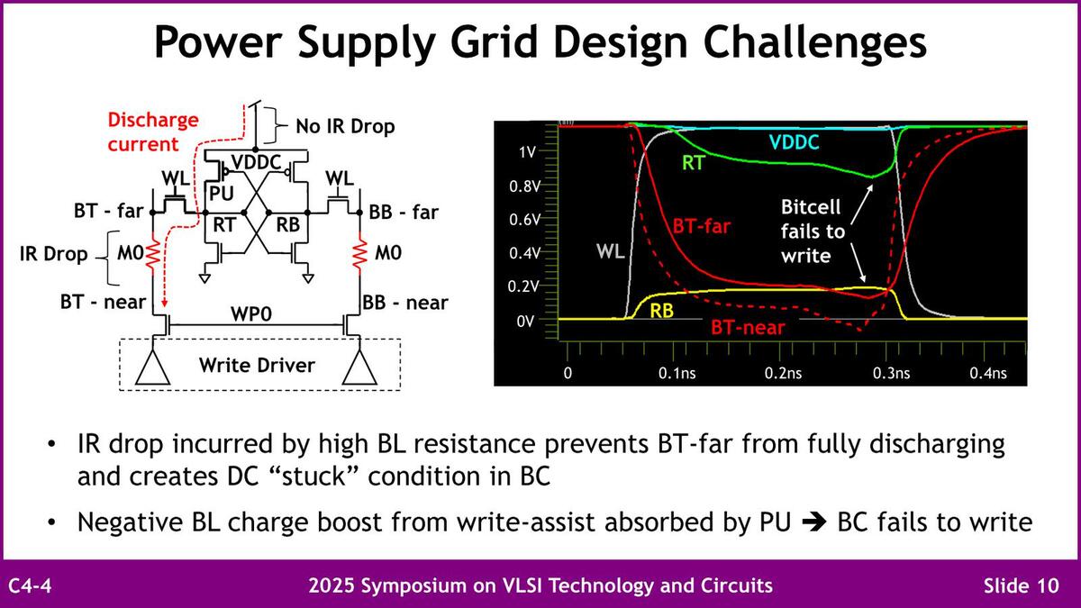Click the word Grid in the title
coord(495,42)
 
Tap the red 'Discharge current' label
coord(153,132)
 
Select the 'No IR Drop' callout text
coord(345,126)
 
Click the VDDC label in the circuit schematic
coord(256,162)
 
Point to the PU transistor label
coord(222,194)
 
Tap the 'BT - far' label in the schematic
coord(109,211)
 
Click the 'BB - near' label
coord(404,303)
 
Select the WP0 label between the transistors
coord(251,314)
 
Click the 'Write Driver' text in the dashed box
coord(257,366)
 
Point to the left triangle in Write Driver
coord(152,368)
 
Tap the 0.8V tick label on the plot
coord(524,186)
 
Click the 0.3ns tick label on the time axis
coord(891,373)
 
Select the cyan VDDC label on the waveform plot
coord(794,142)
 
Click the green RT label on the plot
coord(694,163)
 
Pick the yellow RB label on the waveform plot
coord(661,311)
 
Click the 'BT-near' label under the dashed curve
coord(748,328)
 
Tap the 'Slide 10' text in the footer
coord(1022,585)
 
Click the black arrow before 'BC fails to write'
coord(814,522)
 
